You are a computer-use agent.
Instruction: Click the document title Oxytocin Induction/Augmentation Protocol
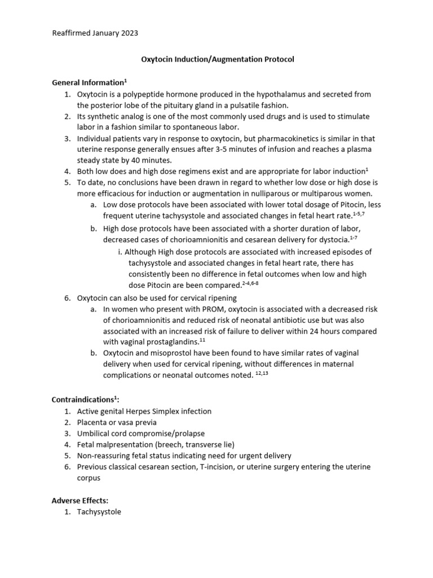pyautogui.click(x=216, y=59)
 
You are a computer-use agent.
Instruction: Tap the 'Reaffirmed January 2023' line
pyautogui.click(x=95, y=33)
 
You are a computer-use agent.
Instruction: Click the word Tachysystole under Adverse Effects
pyautogui.click(x=99, y=512)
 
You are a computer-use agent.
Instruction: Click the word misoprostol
pyautogui.click(x=161, y=353)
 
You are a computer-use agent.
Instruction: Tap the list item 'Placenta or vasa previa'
pyautogui.click(x=117, y=422)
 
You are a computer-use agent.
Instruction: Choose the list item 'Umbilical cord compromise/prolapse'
pyautogui.click(x=141, y=433)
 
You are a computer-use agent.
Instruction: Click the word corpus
pyautogui.click(x=89, y=478)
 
